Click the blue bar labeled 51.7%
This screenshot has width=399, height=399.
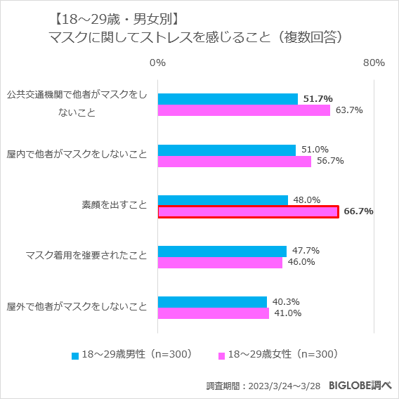point(228,99)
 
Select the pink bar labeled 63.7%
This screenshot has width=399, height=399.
point(244,110)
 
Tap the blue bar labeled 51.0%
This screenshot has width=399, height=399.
point(227,150)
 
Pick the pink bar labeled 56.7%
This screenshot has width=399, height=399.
point(235,161)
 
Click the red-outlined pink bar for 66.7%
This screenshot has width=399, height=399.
point(249,211)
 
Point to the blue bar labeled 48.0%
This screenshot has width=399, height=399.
point(223,200)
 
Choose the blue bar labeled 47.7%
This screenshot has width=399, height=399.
point(222,251)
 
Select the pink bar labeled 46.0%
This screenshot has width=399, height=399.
point(220,262)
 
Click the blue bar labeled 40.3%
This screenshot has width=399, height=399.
point(212,301)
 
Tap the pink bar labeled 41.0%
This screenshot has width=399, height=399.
point(214,313)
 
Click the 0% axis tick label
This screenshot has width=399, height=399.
point(158,63)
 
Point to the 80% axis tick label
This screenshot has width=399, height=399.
point(374,63)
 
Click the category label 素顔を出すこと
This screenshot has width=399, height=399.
point(114,205)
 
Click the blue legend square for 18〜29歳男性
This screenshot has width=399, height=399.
point(75,355)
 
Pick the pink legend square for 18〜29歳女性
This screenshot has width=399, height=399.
point(222,355)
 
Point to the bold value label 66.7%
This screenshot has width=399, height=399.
point(358,211)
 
